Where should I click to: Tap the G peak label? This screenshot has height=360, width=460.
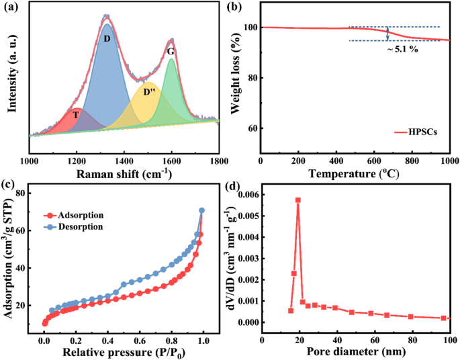pyautogui.click(x=171, y=51)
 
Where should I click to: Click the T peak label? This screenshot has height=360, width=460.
pyautogui.click(x=77, y=115)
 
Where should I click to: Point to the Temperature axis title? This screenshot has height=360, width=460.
pyautogui.click(x=355, y=174)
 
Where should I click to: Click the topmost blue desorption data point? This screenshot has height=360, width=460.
pyautogui.click(x=201, y=210)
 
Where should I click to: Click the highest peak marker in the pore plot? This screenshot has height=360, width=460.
pyautogui.click(x=298, y=200)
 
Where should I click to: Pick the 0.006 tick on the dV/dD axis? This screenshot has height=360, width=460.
pyautogui.click(x=245, y=195)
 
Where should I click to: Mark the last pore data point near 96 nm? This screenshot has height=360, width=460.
pyautogui.click(x=444, y=318)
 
